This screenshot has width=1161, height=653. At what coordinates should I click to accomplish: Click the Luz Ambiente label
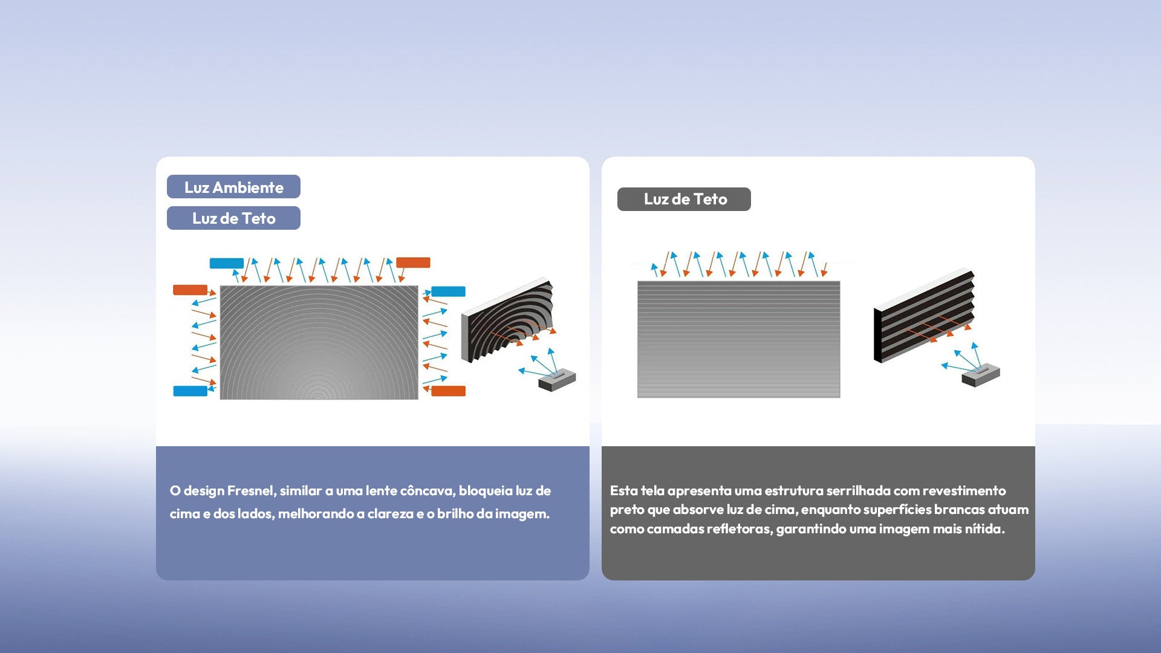click(x=233, y=187)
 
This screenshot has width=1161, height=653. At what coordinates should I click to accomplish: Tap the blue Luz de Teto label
click(x=233, y=218)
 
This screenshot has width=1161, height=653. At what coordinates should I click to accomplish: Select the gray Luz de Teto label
click(x=684, y=199)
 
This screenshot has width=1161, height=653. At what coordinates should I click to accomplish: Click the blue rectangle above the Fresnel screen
click(x=227, y=264)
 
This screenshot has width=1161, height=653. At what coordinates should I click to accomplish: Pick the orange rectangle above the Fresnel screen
click(x=413, y=262)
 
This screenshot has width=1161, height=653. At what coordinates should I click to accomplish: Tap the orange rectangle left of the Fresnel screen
click(x=190, y=290)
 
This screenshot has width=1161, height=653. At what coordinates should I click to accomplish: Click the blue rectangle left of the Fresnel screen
click(x=190, y=391)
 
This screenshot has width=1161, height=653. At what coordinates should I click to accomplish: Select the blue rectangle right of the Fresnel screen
click(x=448, y=291)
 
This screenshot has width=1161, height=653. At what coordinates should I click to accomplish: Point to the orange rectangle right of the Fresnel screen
click(x=448, y=391)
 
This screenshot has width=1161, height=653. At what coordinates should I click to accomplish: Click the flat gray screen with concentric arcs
click(x=319, y=342)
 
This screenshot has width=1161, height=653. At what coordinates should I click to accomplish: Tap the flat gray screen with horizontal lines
click(x=738, y=339)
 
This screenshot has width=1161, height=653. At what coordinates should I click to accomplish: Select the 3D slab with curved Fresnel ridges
click(x=508, y=320)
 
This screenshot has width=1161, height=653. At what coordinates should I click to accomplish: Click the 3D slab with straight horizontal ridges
click(x=924, y=316)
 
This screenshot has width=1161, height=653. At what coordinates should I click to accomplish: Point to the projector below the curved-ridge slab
click(x=557, y=380)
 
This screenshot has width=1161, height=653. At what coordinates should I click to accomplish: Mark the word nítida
click(x=984, y=528)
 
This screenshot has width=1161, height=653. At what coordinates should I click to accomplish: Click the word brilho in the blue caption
click(x=455, y=513)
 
